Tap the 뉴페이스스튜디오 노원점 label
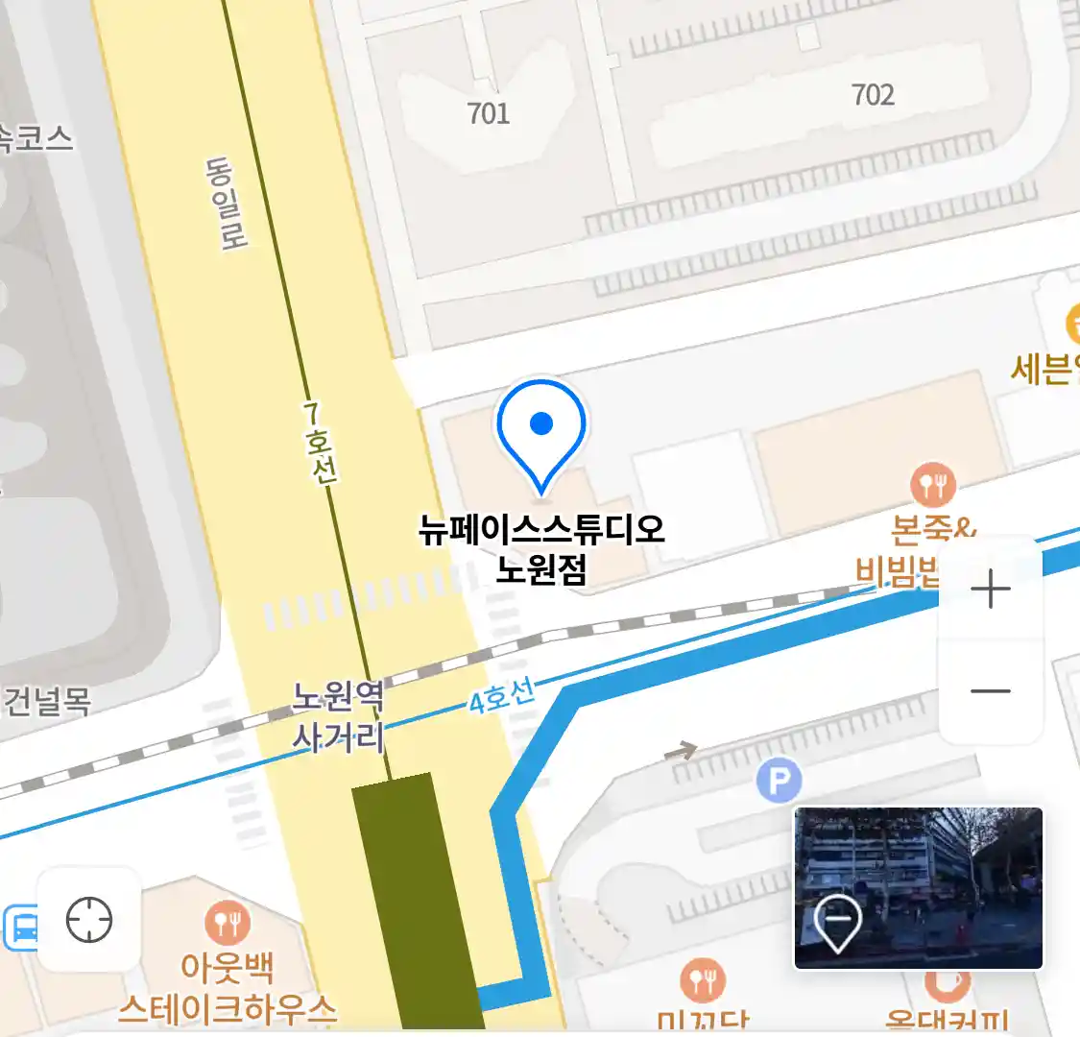(x=541, y=548)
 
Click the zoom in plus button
(x=990, y=589)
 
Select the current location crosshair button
(x=89, y=920)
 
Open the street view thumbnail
(x=918, y=888)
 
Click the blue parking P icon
(x=779, y=782)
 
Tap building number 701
(x=488, y=113)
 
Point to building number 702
(x=873, y=94)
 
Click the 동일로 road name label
(x=226, y=204)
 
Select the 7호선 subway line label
(x=319, y=443)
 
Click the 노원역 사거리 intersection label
(x=338, y=715)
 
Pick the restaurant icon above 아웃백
(x=228, y=924)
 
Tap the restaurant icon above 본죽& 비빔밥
(x=933, y=486)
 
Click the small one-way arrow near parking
(x=681, y=750)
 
